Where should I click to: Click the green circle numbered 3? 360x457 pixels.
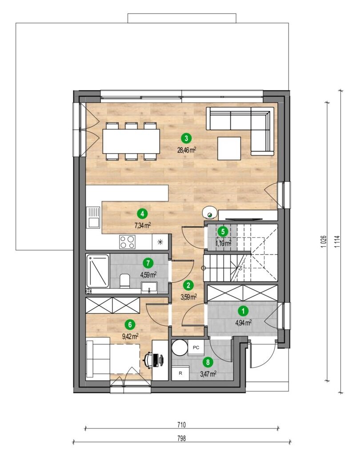pyautogui.click(x=186, y=137)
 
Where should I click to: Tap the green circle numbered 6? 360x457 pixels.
pyautogui.click(x=130, y=325)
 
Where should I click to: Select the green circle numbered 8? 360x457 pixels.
pyautogui.click(x=208, y=362)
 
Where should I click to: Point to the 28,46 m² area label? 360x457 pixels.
pyautogui.click(x=187, y=150)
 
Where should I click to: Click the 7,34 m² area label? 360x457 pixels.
pyautogui.click(x=142, y=225)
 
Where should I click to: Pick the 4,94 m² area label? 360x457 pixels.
pyautogui.click(x=244, y=322)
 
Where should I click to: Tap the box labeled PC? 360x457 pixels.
pyautogui.click(x=196, y=347)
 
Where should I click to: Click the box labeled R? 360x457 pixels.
pyautogui.click(x=180, y=373)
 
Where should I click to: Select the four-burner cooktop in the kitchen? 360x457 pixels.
pyautogui.click(x=128, y=242)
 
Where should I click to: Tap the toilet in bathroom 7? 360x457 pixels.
pyautogui.click(x=125, y=281)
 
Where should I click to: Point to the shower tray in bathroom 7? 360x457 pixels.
pyautogui.click(x=98, y=271)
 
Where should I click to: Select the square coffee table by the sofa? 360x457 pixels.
pyautogui.click(x=229, y=148)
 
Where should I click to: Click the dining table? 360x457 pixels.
pyautogui.click(x=131, y=141)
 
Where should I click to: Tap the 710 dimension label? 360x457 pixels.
pyautogui.click(x=181, y=425)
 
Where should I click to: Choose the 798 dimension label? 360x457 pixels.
pyautogui.click(x=181, y=438)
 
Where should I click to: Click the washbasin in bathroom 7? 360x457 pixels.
pyautogui.click(x=149, y=287)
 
